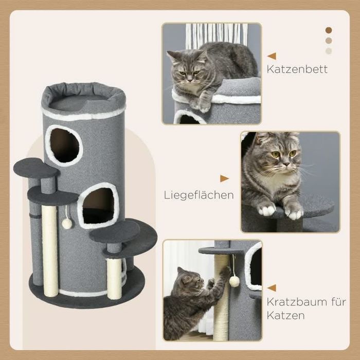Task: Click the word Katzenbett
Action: [x=297, y=68]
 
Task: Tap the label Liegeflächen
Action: [x=199, y=195]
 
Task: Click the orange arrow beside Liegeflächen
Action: [x=224, y=178]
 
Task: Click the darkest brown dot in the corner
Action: [x=329, y=30]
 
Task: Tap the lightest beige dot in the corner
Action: [x=329, y=51]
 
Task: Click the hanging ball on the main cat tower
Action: [x=67, y=223]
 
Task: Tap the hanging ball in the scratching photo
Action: [x=235, y=281]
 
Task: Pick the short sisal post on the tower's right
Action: [x=114, y=278]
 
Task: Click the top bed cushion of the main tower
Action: [x=83, y=97]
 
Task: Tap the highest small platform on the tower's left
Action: [x=36, y=167]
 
